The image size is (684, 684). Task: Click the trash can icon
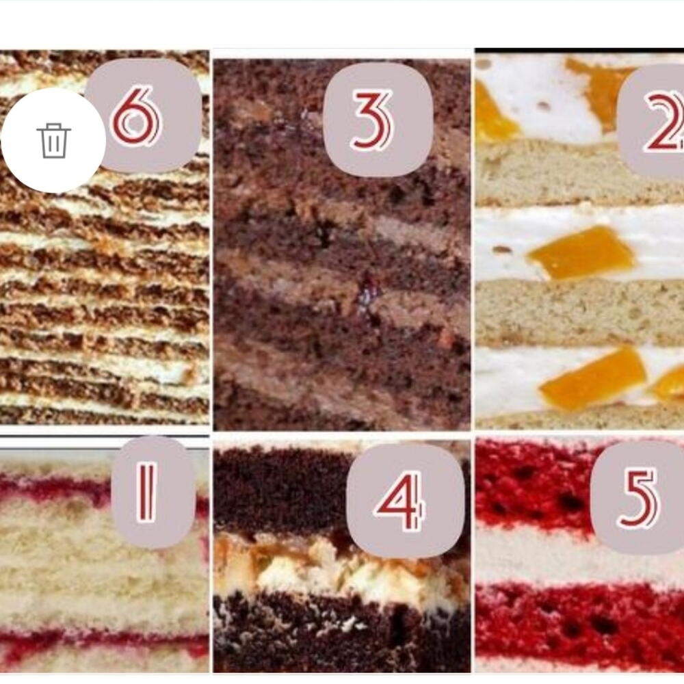click(x=53, y=140)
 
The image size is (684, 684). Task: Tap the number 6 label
click(x=144, y=115)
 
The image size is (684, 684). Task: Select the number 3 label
click(x=378, y=120)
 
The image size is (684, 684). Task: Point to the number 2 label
click(x=651, y=121)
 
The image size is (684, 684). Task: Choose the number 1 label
click(x=153, y=492)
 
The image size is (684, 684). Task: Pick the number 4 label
click(x=406, y=501)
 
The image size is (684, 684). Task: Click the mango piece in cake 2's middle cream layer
click(x=581, y=252)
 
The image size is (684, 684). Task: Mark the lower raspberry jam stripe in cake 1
click(x=105, y=642)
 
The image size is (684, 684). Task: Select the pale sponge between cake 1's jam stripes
click(x=105, y=567)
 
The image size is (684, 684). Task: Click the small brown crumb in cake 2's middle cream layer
click(x=502, y=250)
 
